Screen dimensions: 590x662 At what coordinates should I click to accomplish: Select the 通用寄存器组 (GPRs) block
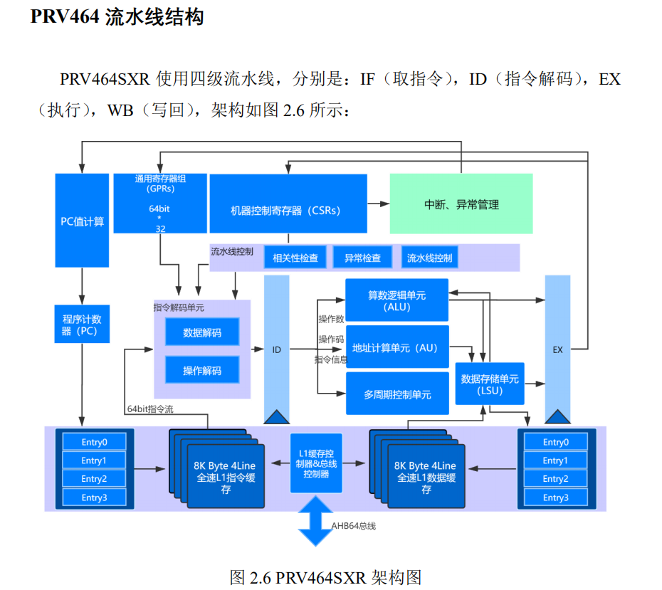pyautogui.click(x=160, y=204)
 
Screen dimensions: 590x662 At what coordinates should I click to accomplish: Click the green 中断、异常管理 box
pyautogui.click(x=461, y=204)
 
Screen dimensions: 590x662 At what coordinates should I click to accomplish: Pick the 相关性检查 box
pyautogui.click(x=295, y=258)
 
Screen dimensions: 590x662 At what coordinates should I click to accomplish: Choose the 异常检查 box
pyautogui.click(x=362, y=258)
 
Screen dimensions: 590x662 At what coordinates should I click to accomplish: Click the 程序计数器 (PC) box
pyautogui.click(x=82, y=325)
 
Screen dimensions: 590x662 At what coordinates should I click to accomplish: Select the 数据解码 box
pyautogui.click(x=202, y=332)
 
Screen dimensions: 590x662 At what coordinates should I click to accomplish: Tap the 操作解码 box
pyautogui.click(x=202, y=370)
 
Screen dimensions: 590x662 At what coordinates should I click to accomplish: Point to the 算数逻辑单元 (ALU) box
pyautogui.click(x=396, y=300)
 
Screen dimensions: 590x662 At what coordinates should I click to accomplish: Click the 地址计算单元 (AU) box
pyautogui.click(x=396, y=347)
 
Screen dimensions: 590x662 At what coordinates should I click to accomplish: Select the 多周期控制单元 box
pyautogui.click(x=396, y=394)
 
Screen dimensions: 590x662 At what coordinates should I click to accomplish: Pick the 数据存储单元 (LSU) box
pyautogui.click(x=490, y=384)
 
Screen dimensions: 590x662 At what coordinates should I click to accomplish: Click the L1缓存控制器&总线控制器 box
pyautogui.click(x=316, y=463)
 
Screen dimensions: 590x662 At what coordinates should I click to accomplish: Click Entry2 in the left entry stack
pyautogui.click(x=94, y=479)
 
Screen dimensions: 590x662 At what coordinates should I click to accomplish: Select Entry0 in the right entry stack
pyautogui.click(x=556, y=442)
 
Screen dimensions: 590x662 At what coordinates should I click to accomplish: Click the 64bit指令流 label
pyautogui.click(x=150, y=409)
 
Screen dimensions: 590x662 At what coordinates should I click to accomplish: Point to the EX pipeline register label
pyautogui.click(x=557, y=349)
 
